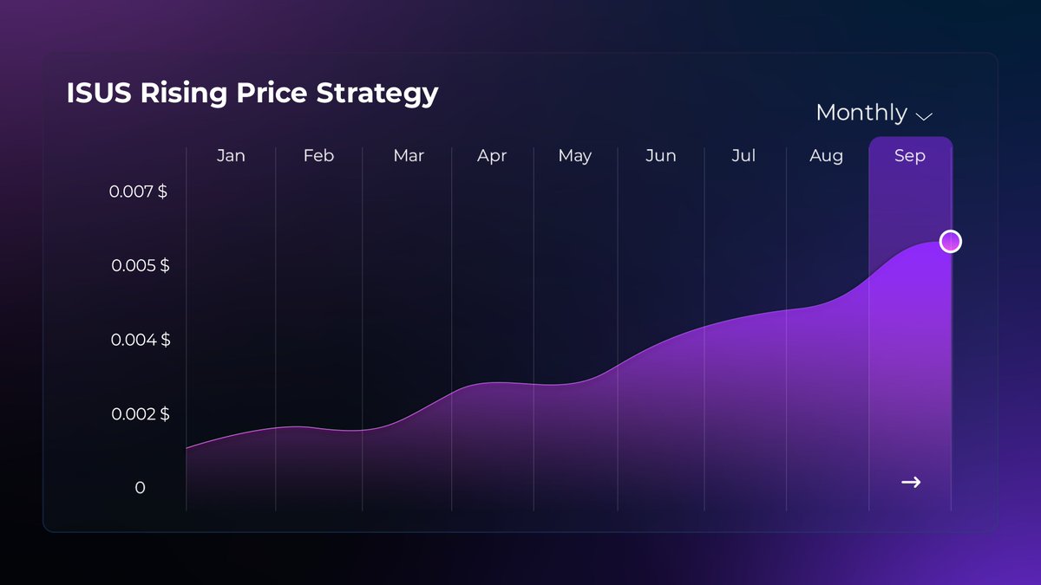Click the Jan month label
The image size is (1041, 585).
(x=231, y=156)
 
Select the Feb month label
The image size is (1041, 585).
(x=318, y=156)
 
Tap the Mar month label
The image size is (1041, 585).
(x=409, y=156)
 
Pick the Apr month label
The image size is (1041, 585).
(x=492, y=157)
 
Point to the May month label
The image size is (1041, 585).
(x=575, y=157)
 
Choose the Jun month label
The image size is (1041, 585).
(x=661, y=156)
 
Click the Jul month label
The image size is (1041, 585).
(x=743, y=156)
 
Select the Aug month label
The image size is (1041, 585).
(x=826, y=156)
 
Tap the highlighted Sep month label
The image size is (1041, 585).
(x=910, y=156)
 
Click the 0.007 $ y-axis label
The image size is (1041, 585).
(x=139, y=192)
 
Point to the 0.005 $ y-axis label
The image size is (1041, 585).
(x=140, y=265)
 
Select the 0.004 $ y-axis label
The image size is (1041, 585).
(x=140, y=340)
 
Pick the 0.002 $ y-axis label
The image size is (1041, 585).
(x=140, y=414)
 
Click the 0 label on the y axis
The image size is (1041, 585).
(x=140, y=488)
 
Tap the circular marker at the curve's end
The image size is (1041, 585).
(x=951, y=241)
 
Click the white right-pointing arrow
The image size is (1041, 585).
(x=911, y=482)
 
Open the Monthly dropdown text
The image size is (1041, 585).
(x=861, y=113)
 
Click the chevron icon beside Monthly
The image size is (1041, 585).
(x=924, y=115)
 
